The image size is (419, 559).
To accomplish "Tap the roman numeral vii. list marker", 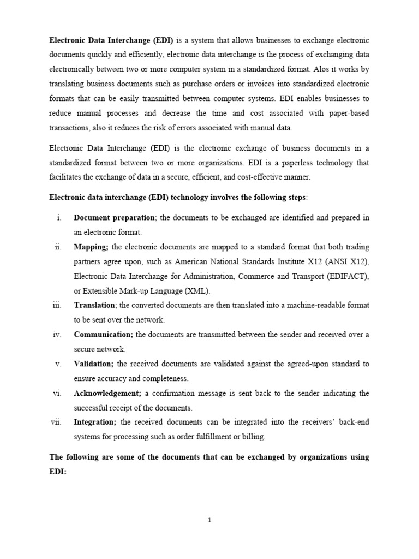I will pyautogui.click(x=57, y=422).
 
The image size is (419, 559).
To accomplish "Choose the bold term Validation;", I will pyautogui.click(x=94, y=364).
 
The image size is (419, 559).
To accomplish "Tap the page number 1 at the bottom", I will pyautogui.click(x=209, y=520).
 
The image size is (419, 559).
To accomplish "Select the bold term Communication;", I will pyautogui.click(x=103, y=335).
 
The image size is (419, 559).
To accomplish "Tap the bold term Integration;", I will pyautogui.click(x=95, y=422).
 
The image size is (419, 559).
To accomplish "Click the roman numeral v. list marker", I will pyautogui.click(x=58, y=364).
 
